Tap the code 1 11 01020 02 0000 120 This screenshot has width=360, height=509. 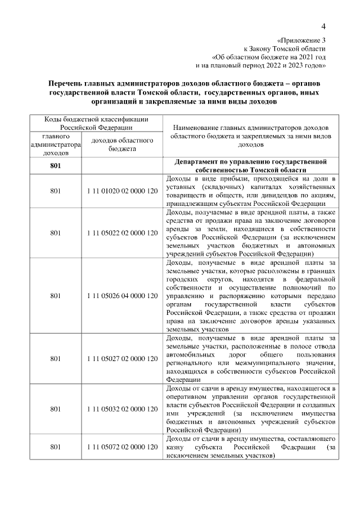(x=122, y=191)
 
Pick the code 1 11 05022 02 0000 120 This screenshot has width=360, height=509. (x=122, y=232)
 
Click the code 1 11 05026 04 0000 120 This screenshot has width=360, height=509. (x=122, y=295)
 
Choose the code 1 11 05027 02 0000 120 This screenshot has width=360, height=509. (x=122, y=358)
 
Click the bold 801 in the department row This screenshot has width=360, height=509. (x=55, y=165)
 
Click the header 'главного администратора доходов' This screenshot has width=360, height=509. (x=55, y=144)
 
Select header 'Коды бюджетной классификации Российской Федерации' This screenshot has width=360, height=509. (x=96, y=123)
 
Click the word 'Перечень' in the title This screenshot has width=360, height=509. (x=71, y=83)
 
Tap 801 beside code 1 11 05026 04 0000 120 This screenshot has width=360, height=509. (x=55, y=295)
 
